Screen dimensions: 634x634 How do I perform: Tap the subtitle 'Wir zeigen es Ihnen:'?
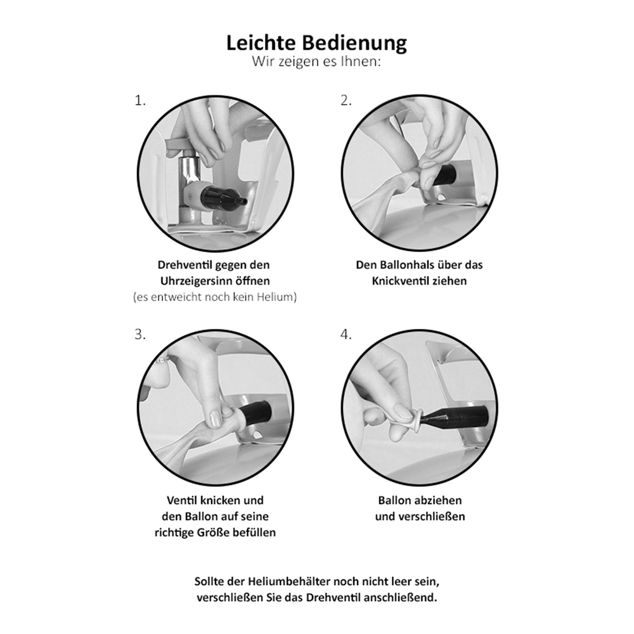316,62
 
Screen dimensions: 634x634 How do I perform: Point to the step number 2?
346,100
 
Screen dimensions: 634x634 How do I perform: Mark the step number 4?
346,335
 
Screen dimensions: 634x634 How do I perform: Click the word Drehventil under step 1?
184,265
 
